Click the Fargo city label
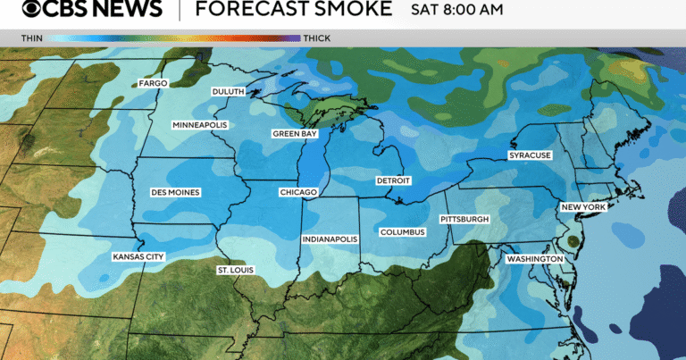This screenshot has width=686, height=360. [x=154, y=83]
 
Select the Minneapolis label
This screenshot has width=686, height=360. [x=200, y=125]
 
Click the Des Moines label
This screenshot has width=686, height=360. [x=176, y=192]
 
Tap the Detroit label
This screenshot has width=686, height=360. [x=393, y=180]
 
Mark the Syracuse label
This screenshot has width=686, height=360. [x=531, y=155]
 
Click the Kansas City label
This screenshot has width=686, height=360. [x=138, y=256]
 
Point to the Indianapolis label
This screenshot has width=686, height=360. [x=330, y=239]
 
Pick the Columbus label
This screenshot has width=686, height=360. [x=402, y=232]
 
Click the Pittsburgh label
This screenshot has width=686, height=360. [x=464, y=219]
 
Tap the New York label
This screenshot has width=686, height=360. [x=582, y=207]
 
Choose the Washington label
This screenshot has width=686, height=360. [x=535, y=259]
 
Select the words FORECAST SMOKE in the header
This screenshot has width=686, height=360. [x=294, y=10]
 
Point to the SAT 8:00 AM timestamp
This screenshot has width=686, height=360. [x=456, y=11]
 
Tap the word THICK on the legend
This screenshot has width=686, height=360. [x=317, y=38]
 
